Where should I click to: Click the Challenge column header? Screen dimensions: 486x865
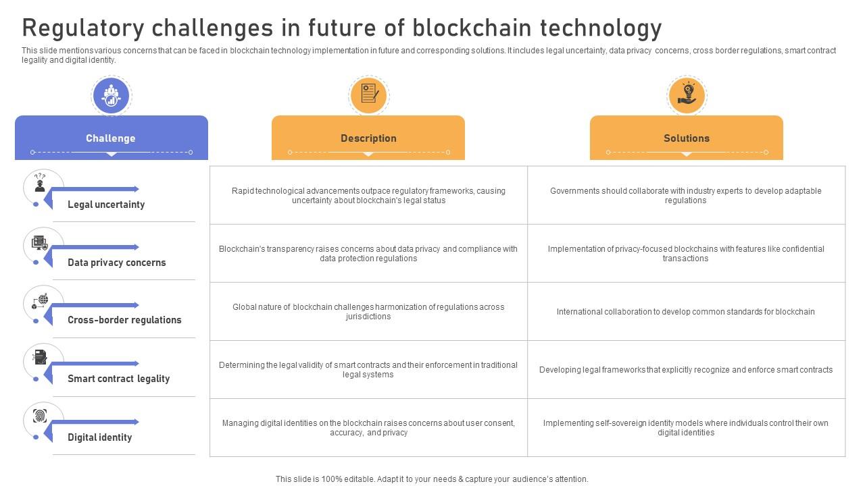(111, 138)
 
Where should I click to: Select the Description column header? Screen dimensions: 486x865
(368, 138)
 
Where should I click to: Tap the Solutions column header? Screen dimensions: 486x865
(687, 138)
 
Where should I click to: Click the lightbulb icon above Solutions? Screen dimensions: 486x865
(687, 94)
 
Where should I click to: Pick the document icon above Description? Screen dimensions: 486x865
(368, 94)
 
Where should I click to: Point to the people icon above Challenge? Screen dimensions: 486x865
(111, 95)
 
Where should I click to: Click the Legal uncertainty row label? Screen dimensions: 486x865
(106, 205)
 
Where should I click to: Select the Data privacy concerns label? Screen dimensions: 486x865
(117, 263)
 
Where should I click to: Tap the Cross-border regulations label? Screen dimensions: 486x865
(124, 320)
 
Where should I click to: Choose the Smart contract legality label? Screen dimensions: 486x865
(119, 379)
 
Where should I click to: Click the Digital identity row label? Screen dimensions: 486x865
(100, 437)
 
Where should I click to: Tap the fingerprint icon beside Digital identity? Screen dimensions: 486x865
(41, 416)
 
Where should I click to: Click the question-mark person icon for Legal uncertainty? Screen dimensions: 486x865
(40, 183)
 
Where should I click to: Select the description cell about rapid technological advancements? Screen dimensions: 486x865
(368, 196)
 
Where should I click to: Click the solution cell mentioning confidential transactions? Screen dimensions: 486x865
(686, 254)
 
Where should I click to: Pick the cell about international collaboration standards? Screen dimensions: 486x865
(686, 312)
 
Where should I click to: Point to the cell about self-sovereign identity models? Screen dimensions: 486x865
(686, 428)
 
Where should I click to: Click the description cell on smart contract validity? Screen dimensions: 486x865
(368, 370)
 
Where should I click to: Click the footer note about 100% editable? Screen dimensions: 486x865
(432, 479)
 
